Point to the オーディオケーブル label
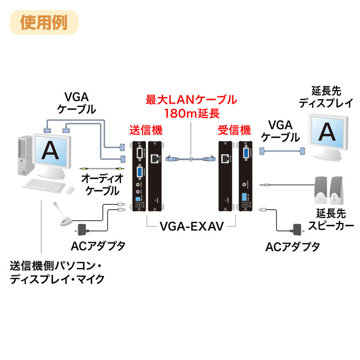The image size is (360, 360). click(100, 184)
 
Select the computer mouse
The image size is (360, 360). click(71, 191)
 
